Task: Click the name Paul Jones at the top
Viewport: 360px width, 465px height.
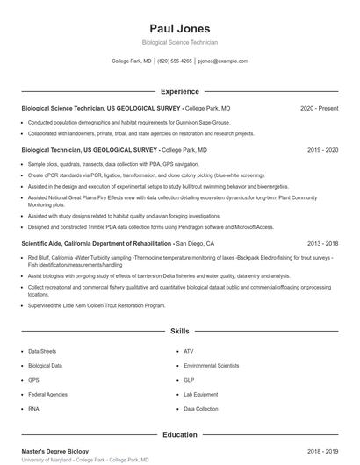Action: click(179, 28)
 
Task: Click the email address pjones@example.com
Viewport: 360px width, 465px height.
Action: click(223, 61)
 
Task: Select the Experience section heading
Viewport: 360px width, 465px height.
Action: click(179, 91)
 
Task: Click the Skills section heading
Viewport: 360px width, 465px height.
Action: click(179, 332)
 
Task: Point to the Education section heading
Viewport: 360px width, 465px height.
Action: click(179, 434)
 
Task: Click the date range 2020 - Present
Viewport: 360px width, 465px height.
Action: click(319, 108)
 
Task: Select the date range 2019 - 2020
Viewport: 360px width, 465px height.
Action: click(322, 150)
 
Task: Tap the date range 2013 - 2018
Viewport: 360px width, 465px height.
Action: click(322, 243)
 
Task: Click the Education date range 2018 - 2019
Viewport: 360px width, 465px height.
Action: click(322, 451)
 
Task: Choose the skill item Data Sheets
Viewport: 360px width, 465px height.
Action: click(41, 351)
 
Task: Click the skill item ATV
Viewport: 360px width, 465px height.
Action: click(188, 351)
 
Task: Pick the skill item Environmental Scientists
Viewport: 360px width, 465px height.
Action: click(211, 365)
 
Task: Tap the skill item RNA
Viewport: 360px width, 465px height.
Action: click(33, 409)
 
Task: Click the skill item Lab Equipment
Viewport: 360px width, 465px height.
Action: click(200, 394)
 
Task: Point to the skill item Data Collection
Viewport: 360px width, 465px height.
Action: click(201, 409)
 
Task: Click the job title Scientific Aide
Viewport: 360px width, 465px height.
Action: click(46, 243)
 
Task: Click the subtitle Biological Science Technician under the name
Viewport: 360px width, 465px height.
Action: click(179, 42)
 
